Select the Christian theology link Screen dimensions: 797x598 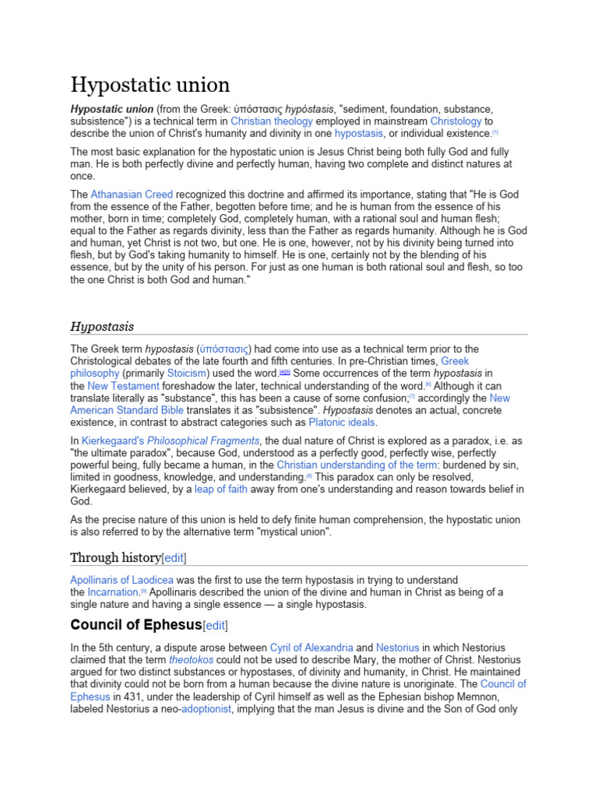click(271, 121)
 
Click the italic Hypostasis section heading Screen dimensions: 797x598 click(102, 326)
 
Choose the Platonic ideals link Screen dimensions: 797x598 click(342, 423)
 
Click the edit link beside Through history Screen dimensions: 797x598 click(174, 557)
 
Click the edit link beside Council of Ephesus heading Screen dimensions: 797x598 click(215, 625)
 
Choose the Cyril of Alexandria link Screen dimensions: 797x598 click(311, 648)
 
